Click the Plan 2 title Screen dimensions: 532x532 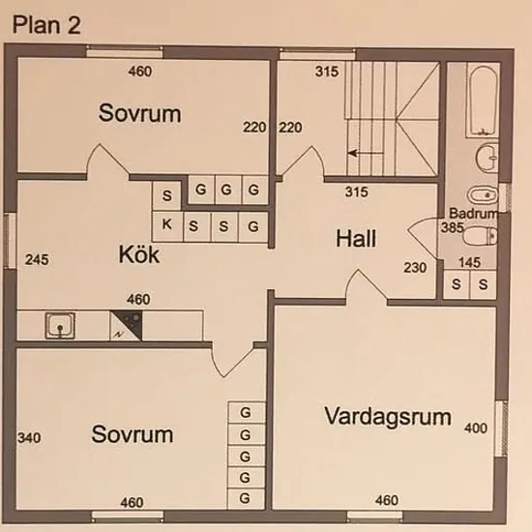click(46, 25)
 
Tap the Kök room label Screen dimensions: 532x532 click(139, 254)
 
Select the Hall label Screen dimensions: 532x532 click(356, 238)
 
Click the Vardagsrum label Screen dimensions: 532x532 click(388, 416)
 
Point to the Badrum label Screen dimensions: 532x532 click(474, 214)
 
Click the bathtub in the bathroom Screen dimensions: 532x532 click(483, 101)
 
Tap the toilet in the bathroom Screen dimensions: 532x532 click(480, 236)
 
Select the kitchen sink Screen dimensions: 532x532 click(60, 325)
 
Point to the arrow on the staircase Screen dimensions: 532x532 click(366, 153)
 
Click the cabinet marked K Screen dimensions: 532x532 click(167, 225)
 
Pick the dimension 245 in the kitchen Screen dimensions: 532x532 click(37, 260)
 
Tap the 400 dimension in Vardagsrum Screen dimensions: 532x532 click(476, 428)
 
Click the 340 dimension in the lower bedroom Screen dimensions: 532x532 click(30, 437)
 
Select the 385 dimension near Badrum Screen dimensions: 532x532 click(452, 227)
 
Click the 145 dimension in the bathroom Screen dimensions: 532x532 click(469, 262)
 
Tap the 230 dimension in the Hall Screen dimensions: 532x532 click(415, 268)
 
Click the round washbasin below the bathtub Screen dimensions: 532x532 click(488, 158)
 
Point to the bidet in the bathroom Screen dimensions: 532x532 click(482, 195)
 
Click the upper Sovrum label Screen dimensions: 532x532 click(140, 113)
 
